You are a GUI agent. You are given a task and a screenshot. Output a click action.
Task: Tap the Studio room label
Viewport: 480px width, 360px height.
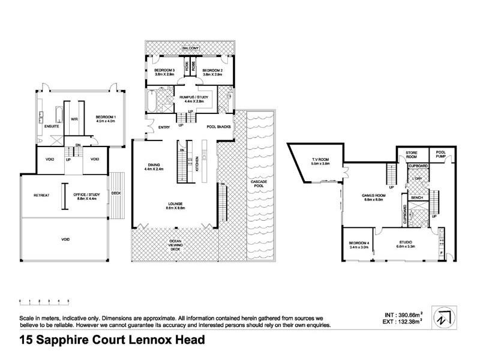coord(406,244)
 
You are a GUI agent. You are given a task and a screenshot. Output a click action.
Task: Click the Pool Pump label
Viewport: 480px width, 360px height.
coord(443,153)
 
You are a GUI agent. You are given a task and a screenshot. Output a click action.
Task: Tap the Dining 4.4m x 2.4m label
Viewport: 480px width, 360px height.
coord(154,168)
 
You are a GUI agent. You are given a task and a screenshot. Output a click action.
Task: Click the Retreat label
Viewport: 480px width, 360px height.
coord(41,195)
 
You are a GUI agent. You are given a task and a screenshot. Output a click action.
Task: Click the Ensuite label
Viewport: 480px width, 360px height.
coord(52,127)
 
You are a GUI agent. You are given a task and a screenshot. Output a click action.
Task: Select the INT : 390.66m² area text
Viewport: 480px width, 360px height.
coord(404,314)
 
